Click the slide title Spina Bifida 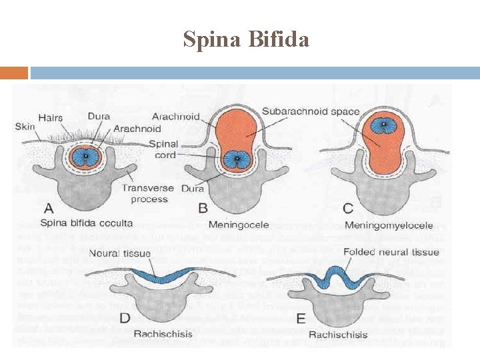click(x=246, y=40)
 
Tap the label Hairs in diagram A click(x=51, y=118)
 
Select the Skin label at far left click(x=25, y=127)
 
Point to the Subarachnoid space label click(x=311, y=112)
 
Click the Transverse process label click(x=149, y=193)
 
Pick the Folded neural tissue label click(x=391, y=252)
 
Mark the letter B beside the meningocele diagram click(x=203, y=208)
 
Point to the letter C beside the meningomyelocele click(x=348, y=208)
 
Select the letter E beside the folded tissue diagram click(x=300, y=319)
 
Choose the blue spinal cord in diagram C click(x=383, y=127)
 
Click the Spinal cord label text click(x=163, y=149)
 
